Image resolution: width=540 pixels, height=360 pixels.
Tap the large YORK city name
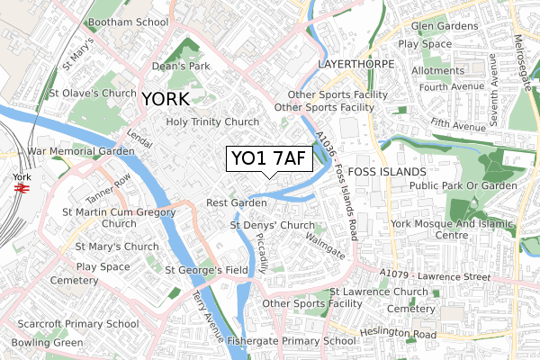click(165, 99)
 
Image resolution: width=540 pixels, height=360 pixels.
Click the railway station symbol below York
click(22, 191)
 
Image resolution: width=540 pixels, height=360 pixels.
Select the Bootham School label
click(129, 21)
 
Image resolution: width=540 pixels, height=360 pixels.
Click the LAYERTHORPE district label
click(357, 66)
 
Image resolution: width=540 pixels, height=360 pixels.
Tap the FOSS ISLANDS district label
click(385, 171)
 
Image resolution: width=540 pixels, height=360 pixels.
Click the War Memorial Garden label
click(81, 151)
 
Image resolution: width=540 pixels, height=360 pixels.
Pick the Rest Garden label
click(236, 203)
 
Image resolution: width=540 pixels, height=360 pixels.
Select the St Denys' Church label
click(272, 225)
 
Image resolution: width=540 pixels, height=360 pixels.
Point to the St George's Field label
click(206, 269)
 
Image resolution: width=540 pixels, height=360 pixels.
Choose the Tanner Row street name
click(109, 189)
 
